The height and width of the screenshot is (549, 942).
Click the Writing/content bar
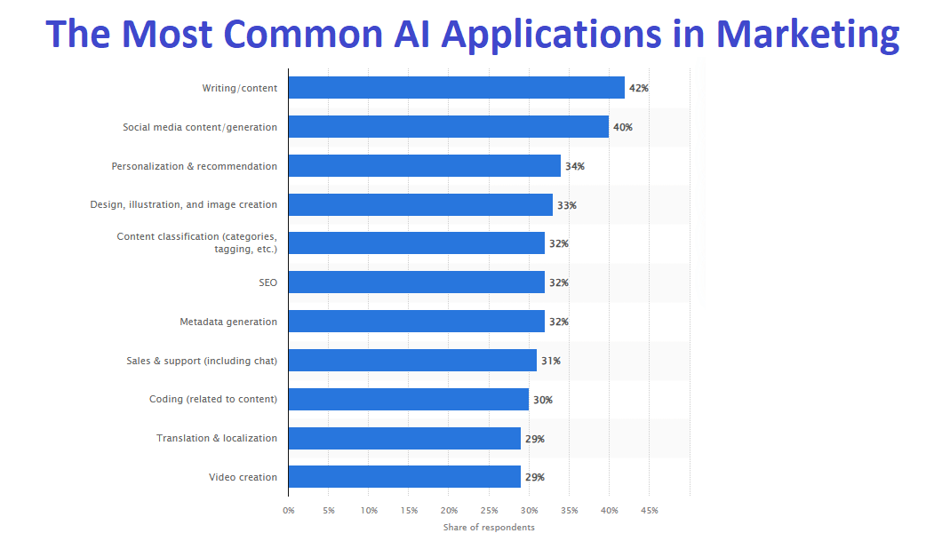point(456,88)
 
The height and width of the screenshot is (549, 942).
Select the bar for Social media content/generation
point(448,127)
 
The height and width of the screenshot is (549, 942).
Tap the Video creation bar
point(404,477)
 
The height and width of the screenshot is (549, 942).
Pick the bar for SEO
point(416,282)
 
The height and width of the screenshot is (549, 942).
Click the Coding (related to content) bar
point(408,400)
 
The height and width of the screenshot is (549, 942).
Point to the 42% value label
point(639,88)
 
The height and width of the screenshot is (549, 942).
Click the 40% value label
point(623,127)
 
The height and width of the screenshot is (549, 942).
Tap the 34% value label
point(575,166)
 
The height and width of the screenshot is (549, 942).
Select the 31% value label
point(551,361)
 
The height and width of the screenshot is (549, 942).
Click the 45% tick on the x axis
point(649,511)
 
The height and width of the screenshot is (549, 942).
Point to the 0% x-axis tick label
point(289,511)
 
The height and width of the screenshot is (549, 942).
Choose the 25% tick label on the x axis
point(489,511)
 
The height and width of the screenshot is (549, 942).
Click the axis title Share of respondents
point(489,528)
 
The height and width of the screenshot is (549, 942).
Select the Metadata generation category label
point(228,322)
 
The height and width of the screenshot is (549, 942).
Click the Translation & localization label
point(217,438)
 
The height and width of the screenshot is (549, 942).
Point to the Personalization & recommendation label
point(194,166)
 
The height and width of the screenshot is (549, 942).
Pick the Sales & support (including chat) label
point(202,361)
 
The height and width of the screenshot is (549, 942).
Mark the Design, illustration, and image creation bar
point(420,205)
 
